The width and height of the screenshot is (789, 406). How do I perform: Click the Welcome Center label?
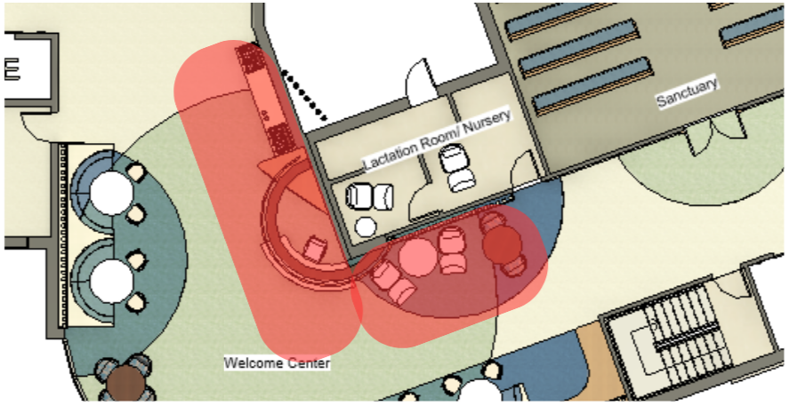click(x=277, y=363)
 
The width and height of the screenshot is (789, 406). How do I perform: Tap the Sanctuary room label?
click(x=686, y=92)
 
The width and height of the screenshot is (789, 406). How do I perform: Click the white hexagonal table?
click(x=366, y=226)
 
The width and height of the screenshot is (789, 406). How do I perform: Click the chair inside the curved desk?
click(x=315, y=248)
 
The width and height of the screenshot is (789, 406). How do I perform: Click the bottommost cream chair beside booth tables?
click(x=135, y=302)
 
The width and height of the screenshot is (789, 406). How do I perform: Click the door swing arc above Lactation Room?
click(x=419, y=81)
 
